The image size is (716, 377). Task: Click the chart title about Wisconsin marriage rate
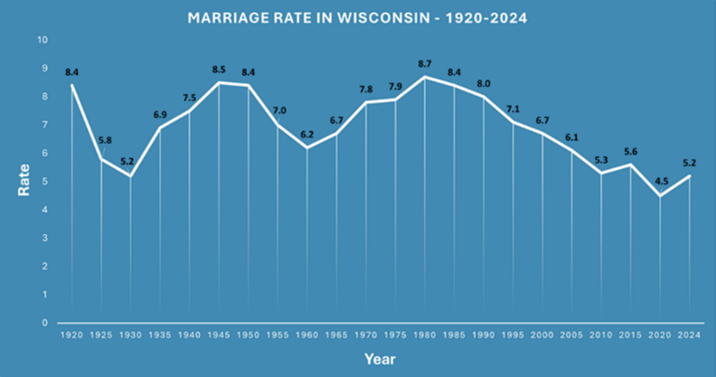point(358,17)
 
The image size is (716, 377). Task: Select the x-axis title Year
point(380,359)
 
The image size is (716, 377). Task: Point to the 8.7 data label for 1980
point(425,64)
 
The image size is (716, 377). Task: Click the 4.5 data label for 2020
point(660,179)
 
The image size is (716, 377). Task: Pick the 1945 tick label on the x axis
point(219,335)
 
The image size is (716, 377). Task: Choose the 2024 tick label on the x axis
point(690,335)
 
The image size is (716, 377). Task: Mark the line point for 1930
point(131,175)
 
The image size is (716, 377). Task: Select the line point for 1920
point(71,85)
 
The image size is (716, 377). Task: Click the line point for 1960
point(307,147)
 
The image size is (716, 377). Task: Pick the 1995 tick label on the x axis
point(513,335)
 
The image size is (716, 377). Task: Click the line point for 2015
point(630,165)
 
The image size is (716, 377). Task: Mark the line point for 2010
point(601,173)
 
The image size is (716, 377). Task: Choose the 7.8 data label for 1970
point(366,89)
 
